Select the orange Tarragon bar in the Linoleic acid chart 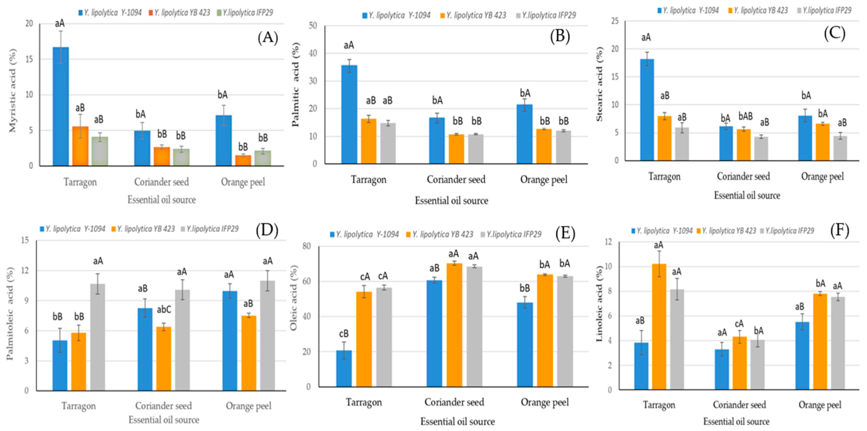[x=659, y=326]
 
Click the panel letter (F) [x=839, y=230]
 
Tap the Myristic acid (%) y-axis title [x=12, y=91]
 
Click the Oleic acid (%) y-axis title [x=294, y=298]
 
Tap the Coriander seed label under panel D [x=163, y=406]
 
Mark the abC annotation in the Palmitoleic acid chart [x=164, y=309]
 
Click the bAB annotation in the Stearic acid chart [x=745, y=116]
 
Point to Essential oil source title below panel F [x=736, y=421]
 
